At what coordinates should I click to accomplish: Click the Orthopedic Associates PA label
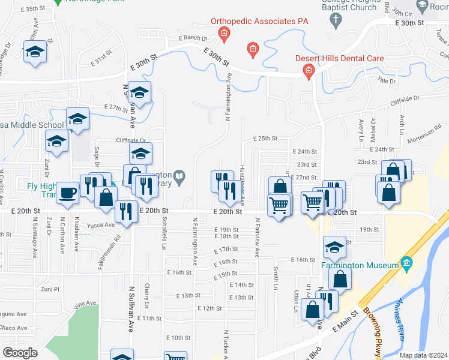259,21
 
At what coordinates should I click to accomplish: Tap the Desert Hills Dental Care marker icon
309,73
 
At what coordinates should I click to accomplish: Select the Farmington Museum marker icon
408,263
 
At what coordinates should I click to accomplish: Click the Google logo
20,352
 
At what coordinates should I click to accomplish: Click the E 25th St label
265,139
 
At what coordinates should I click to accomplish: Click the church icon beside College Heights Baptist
336,20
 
